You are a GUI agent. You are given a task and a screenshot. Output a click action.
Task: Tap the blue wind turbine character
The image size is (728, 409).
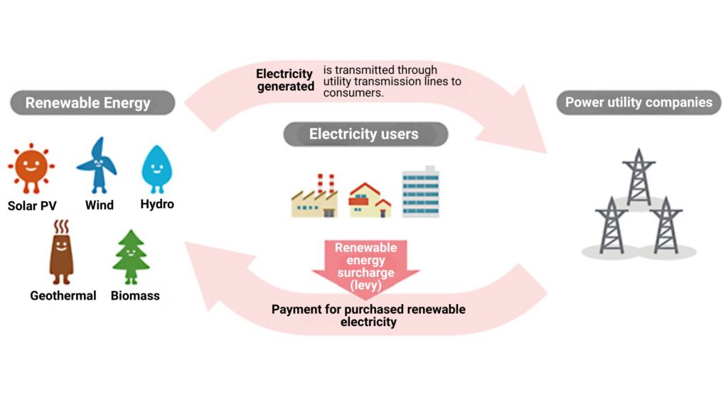97,165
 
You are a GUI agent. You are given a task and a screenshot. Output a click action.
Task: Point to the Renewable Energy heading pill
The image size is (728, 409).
92,103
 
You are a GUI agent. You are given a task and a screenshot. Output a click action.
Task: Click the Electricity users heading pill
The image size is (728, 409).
365,133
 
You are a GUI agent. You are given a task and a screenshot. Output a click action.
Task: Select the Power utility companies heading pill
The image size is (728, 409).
638,102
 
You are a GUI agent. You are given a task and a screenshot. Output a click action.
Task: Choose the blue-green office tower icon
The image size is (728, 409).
421,192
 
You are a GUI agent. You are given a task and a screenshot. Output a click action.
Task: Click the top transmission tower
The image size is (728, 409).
638,178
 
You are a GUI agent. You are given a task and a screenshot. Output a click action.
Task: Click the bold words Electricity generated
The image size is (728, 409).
285,80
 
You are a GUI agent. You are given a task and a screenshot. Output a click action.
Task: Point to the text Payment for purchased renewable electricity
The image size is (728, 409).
368,315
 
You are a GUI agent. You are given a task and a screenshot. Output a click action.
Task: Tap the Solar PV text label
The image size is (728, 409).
32,206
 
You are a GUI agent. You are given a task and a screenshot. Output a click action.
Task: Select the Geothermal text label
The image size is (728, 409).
63,295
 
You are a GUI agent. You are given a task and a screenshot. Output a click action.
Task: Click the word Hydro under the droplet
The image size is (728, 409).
157,204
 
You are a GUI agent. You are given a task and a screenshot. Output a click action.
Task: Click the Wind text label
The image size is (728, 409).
99,205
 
